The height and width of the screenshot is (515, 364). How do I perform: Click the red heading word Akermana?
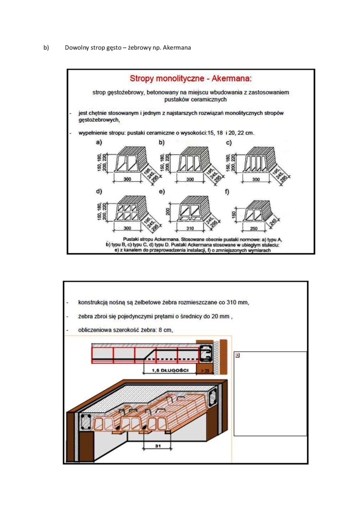[x=232, y=79]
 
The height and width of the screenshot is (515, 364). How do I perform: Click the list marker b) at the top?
[x=46, y=47]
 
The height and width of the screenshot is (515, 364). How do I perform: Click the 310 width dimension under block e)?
[x=190, y=228]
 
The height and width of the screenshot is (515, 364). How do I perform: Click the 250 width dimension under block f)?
[x=254, y=228]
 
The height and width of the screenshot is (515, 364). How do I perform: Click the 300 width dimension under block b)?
[x=190, y=179]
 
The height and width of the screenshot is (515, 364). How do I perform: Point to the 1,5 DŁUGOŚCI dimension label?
[x=170, y=370]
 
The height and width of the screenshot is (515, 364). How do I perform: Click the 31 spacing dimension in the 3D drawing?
[x=158, y=446]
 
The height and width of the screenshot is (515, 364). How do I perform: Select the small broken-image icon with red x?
[x=238, y=355]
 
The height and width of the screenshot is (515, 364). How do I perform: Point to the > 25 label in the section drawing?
[x=205, y=371]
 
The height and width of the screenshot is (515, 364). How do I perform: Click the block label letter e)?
[x=161, y=192]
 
